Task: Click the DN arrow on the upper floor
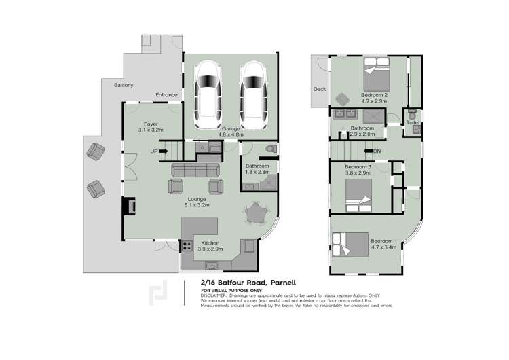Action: tap(373, 151)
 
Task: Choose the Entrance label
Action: tap(166, 94)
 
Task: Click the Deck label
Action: tap(320, 89)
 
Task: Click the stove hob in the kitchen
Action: tap(187, 247)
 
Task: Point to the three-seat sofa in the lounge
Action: tap(196, 170)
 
